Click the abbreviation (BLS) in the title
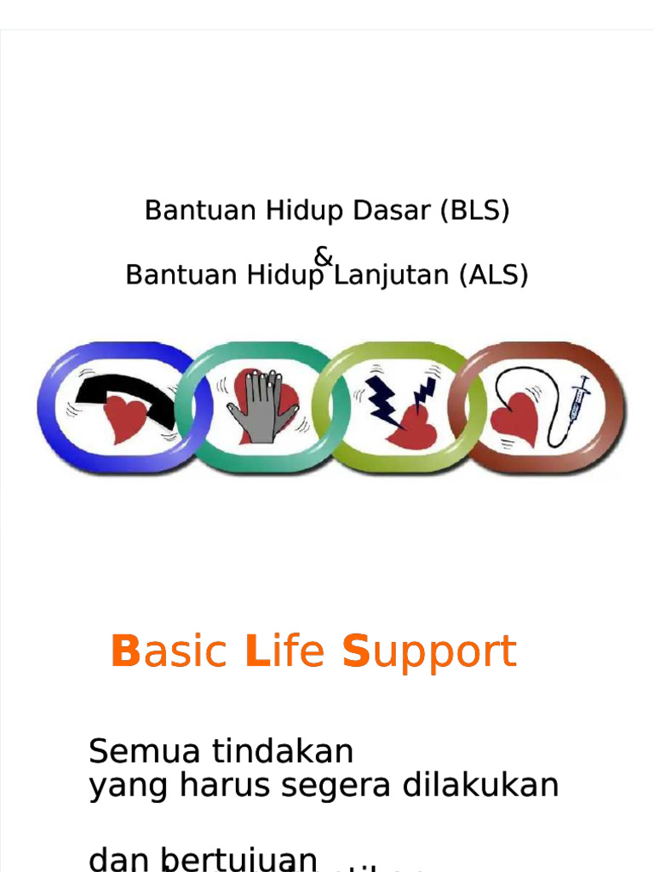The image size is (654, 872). tap(475, 210)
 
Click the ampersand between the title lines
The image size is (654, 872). tap(324, 255)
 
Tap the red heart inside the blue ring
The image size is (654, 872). tap(125, 418)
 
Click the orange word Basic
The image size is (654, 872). tap(170, 652)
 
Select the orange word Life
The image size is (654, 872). tap(284, 652)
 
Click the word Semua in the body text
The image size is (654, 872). tap(144, 752)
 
